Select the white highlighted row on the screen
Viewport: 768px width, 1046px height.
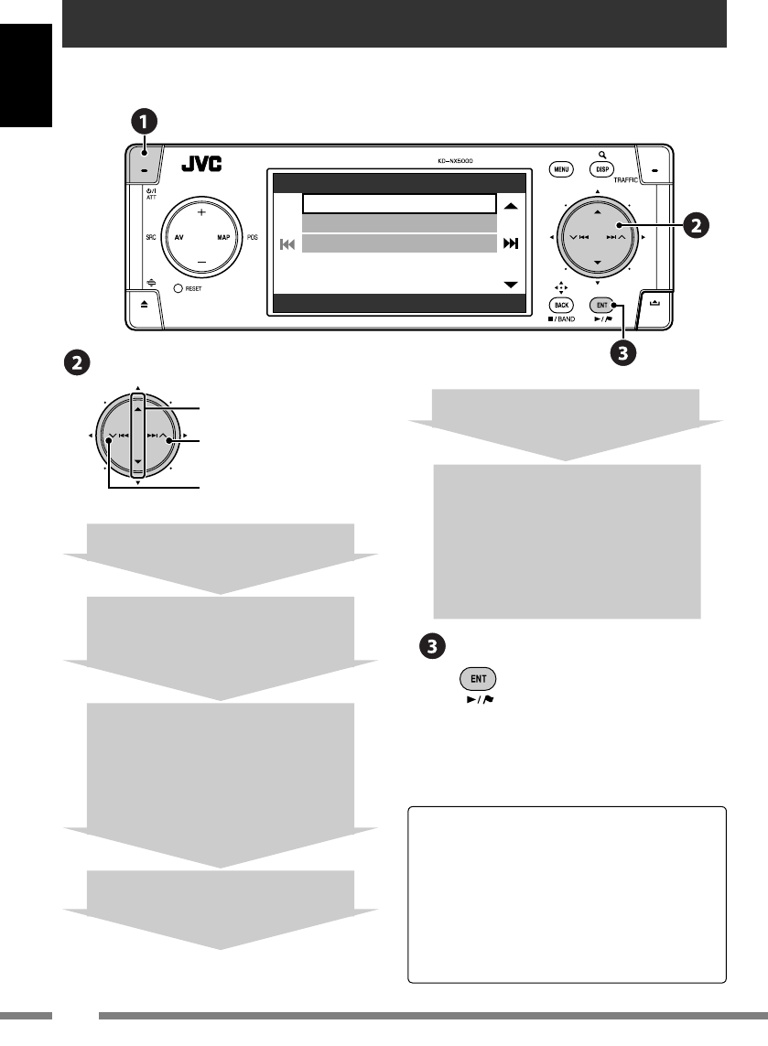[x=399, y=203]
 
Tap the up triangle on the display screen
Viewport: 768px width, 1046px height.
[x=511, y=207]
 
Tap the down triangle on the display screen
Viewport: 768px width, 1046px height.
[x=511, y=285]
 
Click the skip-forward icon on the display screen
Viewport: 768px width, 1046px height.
[x=511, y=243]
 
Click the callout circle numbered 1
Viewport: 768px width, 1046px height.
[x=143, y=121]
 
